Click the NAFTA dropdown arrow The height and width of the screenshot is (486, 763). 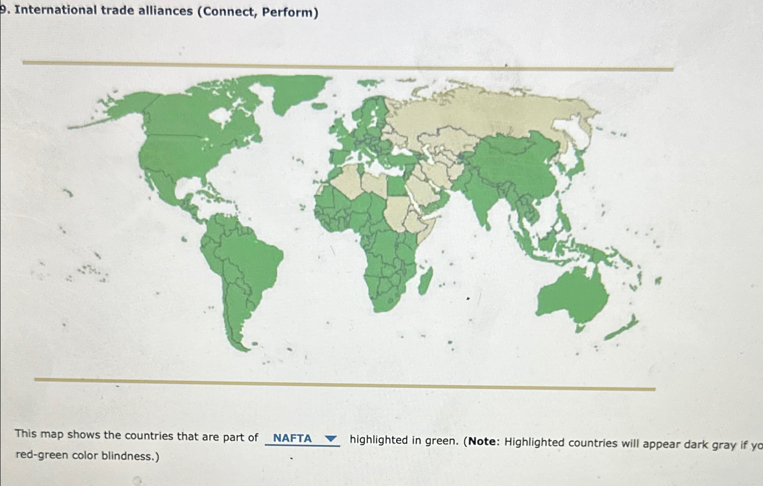(331, 439)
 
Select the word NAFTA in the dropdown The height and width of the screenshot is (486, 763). (292, 438)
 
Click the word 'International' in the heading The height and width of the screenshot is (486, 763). (55, 10)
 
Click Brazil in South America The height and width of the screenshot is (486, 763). (254, 254)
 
